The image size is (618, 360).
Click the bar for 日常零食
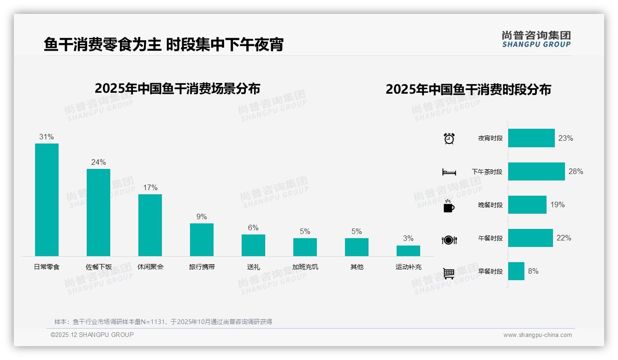47,199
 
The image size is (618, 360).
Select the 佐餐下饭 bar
98,212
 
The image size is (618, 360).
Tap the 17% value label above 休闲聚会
150,187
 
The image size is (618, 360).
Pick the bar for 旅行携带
202,240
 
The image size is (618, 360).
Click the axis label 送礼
253,267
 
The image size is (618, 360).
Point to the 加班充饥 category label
305,267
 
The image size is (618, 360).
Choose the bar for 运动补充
408,251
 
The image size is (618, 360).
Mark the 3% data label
408,238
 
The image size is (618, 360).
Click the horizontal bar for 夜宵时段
531,138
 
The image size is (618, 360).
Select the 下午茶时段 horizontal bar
536,171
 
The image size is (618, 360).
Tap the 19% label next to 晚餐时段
557,204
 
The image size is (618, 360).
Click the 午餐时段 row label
490,238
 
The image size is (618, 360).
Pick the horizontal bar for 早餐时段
516,271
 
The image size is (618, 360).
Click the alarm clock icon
449,138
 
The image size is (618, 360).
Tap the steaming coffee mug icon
449,205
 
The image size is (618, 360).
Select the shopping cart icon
449,273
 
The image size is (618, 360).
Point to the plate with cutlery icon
449,240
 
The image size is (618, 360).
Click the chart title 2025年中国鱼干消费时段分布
468,89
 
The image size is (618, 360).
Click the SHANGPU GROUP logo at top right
536,39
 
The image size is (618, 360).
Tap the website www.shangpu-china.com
537,335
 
